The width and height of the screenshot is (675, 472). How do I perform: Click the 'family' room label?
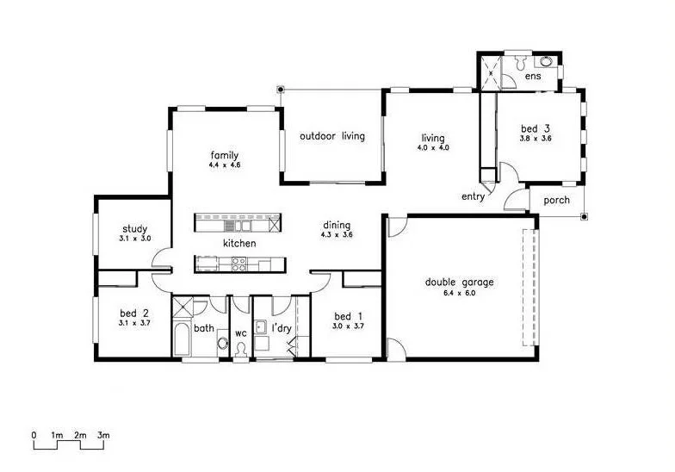tap(223, 155)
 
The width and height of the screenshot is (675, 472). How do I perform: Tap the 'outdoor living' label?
tap(331, 136)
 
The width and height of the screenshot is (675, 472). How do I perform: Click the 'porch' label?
tap(556, 201)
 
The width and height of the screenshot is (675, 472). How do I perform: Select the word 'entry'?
tap(473, 196)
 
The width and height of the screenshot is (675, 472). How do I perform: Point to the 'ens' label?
tap(533, 77)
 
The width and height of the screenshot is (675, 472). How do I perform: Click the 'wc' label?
tap(241, 332)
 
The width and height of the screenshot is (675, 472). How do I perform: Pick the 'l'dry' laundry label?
tap(282, 328)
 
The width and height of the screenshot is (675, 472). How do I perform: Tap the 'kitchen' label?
tap(239, 244)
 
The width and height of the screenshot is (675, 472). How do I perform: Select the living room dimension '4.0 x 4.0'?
tap(432, 147)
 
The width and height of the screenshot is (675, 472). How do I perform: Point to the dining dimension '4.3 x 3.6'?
tap(336, 235)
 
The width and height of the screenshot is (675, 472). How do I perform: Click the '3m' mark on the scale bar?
tap(103, 436)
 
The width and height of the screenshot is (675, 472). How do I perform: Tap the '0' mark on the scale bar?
tap(34, 436)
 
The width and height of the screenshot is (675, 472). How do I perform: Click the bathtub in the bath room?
tap(182, 339)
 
